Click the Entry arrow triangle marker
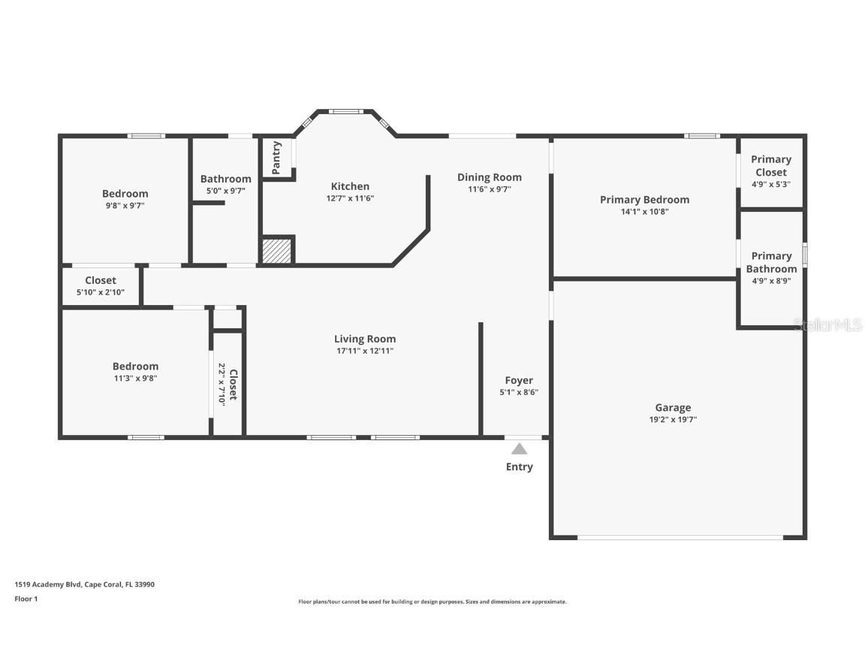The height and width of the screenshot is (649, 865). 519,449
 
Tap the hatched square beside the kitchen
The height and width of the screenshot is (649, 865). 276,251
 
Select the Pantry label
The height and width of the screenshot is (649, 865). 276,158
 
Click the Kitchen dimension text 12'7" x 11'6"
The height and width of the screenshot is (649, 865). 350,198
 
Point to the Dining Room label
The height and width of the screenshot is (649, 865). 490,177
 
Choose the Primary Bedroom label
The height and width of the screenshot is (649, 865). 644,200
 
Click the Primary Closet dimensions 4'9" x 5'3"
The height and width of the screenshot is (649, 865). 771,184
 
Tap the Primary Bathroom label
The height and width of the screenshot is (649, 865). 771,262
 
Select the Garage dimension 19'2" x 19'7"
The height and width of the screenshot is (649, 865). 673,420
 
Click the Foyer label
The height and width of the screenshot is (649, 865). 519,380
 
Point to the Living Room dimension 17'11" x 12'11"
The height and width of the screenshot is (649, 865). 365,351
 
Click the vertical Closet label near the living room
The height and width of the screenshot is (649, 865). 234,384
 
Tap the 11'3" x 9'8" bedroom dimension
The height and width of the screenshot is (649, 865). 136,379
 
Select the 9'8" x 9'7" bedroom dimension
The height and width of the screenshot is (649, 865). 125,205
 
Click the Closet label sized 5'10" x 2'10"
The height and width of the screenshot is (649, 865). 101,280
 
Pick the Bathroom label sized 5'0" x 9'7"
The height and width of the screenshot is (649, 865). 225,179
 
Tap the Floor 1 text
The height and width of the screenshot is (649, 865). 26,599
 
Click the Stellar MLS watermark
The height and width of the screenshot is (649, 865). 828,324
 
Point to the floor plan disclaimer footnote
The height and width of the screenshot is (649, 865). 432,602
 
